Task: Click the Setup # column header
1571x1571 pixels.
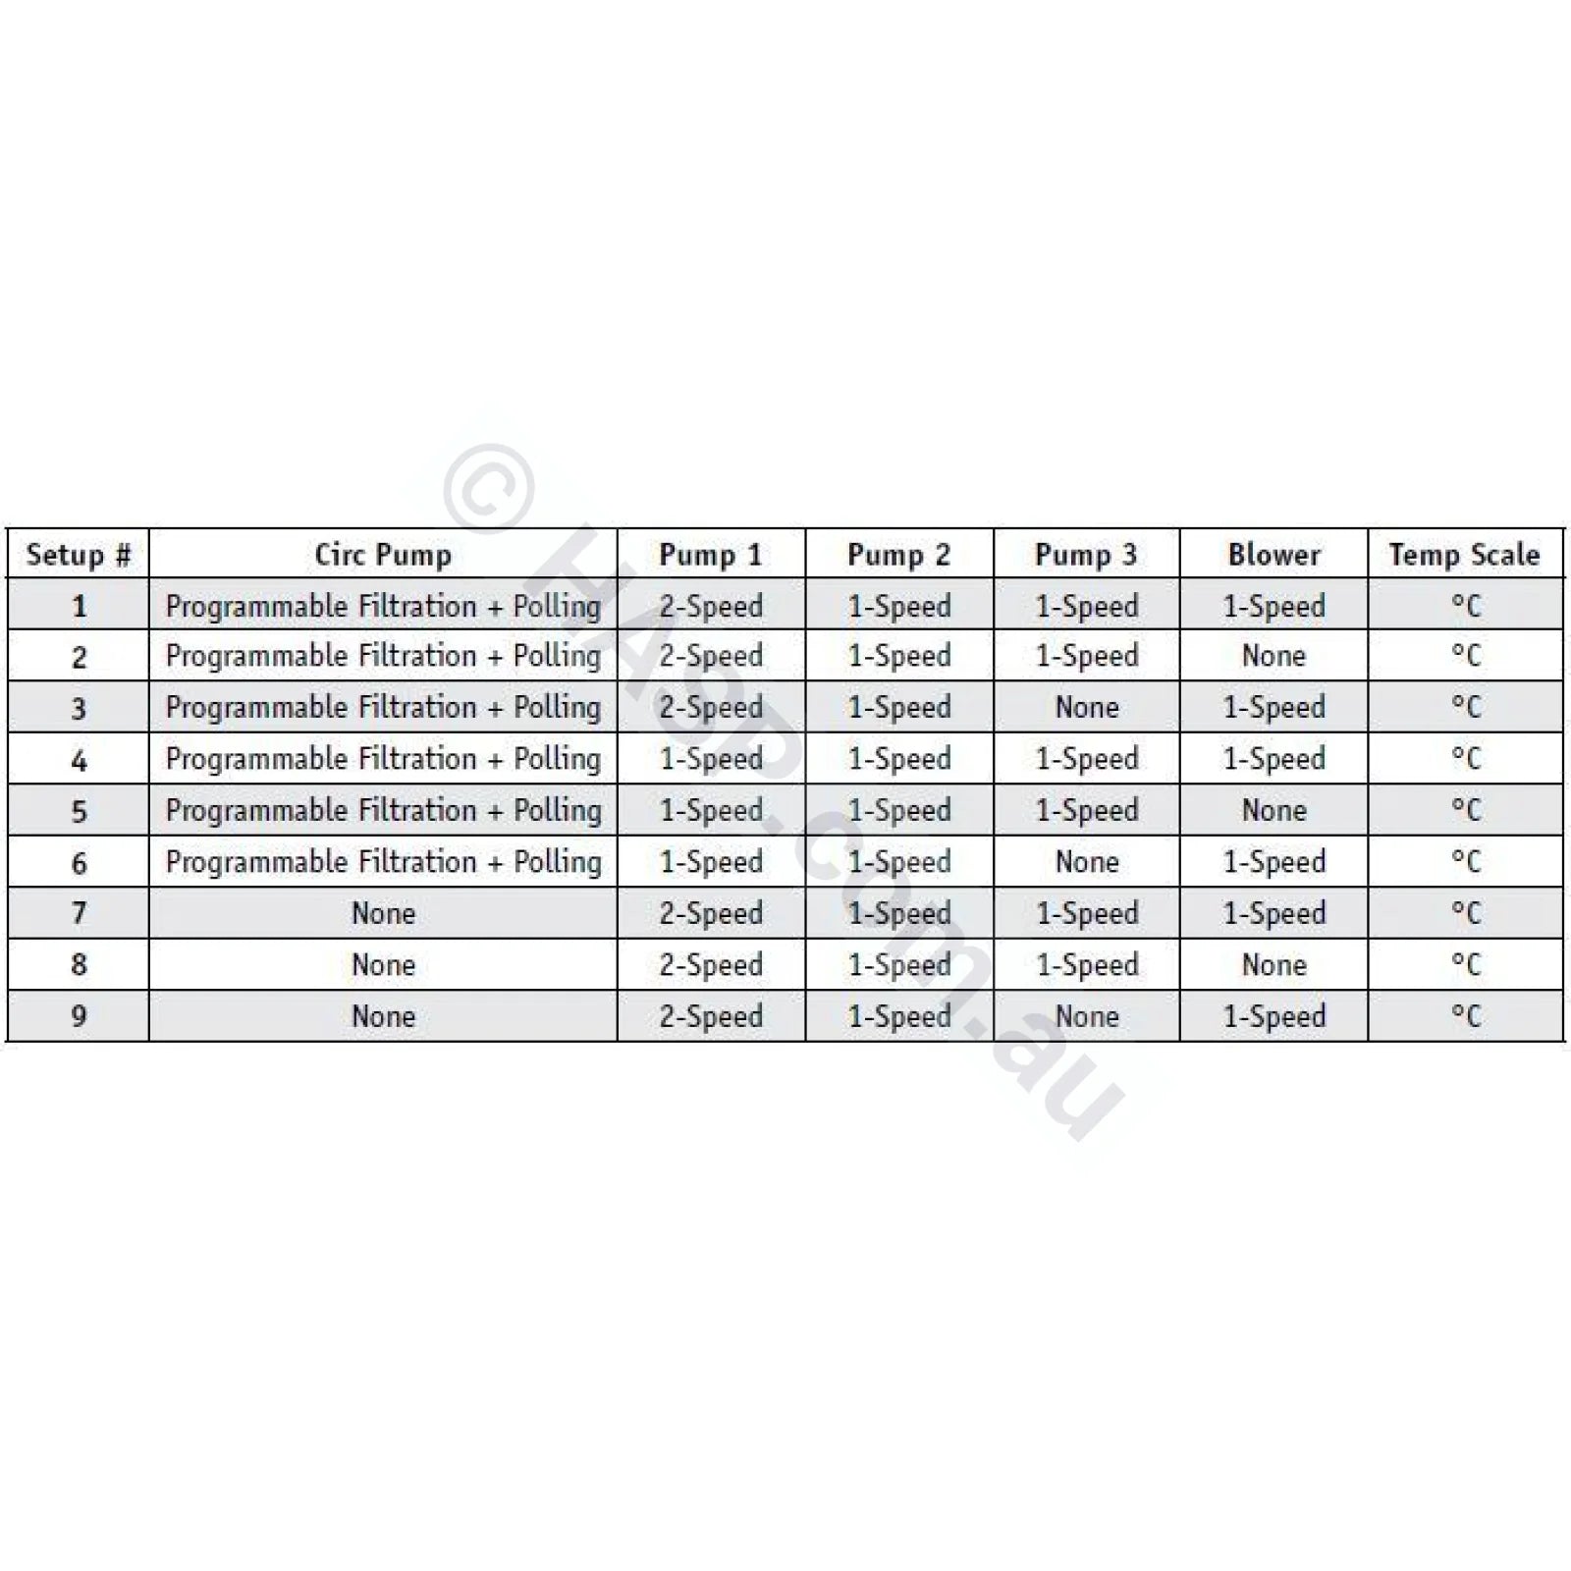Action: coord(79,555)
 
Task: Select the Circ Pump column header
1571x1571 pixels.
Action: coord(383,555)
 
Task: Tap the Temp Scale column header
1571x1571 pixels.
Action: coord(1464,555)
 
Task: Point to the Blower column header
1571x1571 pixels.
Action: coord(1273,555)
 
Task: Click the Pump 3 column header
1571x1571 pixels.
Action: coord(1086,555)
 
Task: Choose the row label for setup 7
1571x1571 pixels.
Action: coord(79,913)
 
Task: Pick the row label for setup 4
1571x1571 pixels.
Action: coord(79,759)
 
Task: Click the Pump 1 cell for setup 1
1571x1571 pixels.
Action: coord(711,606)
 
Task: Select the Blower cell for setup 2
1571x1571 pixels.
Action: coord(1273,656)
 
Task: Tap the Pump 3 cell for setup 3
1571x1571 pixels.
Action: coord(1087,707)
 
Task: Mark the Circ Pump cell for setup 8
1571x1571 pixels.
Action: coord(383,965)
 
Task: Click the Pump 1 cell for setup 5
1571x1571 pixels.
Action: coord(711,810)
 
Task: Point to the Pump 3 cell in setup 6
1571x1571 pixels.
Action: coord(1087,862)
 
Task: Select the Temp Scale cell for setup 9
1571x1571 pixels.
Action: coord(1465,1016)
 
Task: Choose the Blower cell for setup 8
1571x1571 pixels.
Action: coord(1273,965)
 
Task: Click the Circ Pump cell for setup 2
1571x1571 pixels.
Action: coord(383,656)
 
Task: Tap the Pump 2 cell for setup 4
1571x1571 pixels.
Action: coord(899,759)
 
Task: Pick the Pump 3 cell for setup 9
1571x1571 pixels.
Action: coord(1087,1016)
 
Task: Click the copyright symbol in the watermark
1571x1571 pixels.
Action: coord(487,488)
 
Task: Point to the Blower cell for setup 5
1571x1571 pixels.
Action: coord(1273,810)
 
